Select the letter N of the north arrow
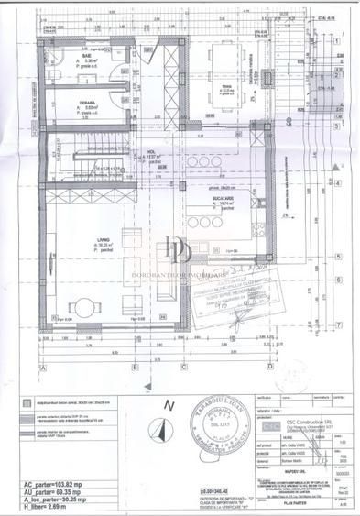167,404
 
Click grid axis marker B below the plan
135,367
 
